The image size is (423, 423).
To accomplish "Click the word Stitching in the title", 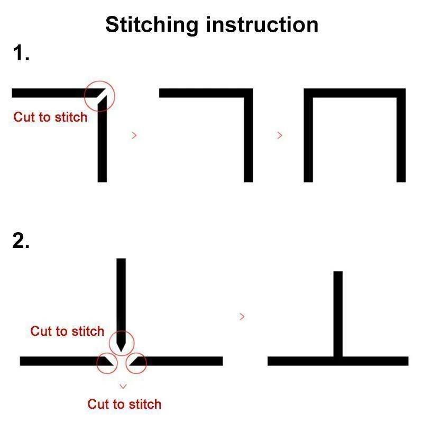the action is pos(152,25).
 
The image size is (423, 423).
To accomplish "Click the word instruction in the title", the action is pos(262,24).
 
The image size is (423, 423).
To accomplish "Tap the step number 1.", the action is pos(21,52).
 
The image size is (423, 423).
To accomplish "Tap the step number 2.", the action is pos(21,240).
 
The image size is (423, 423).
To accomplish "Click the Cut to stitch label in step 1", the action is pos(50,117).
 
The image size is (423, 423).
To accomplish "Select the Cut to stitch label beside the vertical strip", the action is pos(67,331).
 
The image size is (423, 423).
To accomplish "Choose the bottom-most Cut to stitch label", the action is pos(124,404).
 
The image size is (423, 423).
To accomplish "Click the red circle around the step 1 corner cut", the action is pos(99,81).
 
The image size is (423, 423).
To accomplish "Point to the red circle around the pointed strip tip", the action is pos(122,331).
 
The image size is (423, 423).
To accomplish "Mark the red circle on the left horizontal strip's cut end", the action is pos(107,353).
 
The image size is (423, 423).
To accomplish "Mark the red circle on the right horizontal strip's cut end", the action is pos(136,353).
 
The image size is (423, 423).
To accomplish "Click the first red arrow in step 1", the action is pos(134,135).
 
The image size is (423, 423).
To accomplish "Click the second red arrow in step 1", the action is pos(280,135).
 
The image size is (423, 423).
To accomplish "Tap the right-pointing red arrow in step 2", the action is pos(242,316).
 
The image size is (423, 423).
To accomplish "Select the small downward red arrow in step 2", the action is pos(123,387).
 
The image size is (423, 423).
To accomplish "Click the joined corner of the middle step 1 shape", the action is pos(249,93).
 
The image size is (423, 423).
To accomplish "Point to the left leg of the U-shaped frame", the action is pos(308,135).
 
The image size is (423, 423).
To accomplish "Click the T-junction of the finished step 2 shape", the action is pos(338,361).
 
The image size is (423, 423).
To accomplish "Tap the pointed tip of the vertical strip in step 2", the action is pos(121,352).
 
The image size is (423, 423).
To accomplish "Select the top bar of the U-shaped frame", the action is pos(355,93).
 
